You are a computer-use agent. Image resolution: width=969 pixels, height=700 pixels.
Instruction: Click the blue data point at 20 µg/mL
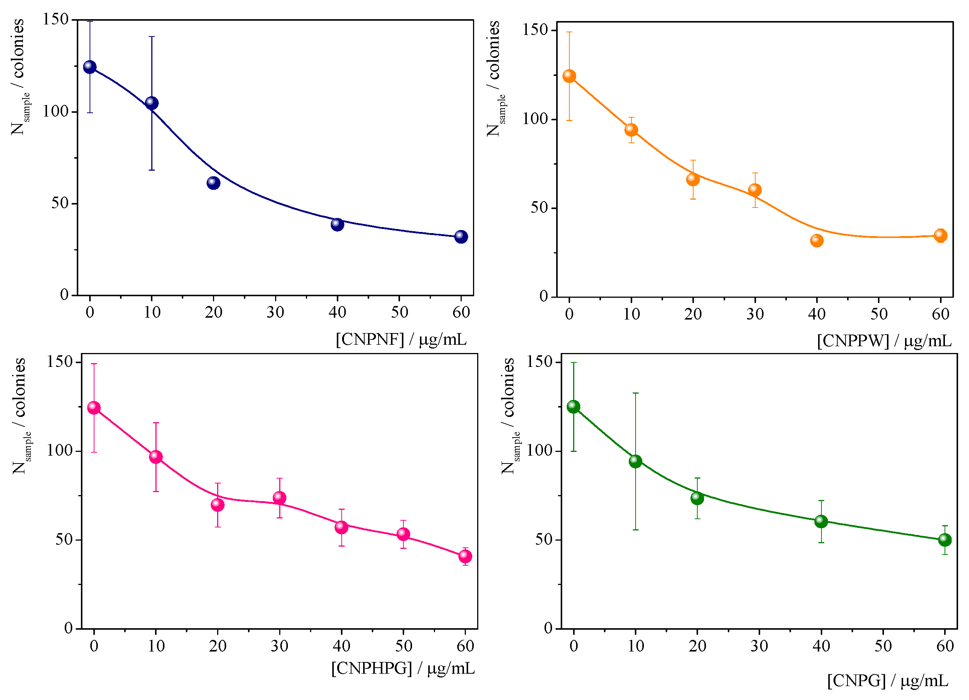coord(213,183)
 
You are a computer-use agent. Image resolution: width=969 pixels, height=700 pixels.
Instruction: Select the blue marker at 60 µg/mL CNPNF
coord(461,236)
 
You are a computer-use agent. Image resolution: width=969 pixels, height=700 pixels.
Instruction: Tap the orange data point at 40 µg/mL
coord(817,241)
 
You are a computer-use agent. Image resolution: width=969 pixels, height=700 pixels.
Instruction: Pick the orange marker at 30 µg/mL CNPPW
coord(755,190)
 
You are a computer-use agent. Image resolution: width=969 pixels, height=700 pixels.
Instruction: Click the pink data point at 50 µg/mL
coord(403,534)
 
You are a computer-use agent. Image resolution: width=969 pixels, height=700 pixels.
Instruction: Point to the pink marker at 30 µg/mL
coord(280,498)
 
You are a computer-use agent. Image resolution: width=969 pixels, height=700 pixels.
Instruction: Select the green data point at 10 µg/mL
coord(635,461)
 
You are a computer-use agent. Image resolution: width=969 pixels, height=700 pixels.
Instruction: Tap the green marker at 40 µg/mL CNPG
coord(821,521)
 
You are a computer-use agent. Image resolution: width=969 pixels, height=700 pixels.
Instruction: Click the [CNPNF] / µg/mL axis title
coord(401,340)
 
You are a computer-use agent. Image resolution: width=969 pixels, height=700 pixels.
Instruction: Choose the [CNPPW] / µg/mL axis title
coord(884,341)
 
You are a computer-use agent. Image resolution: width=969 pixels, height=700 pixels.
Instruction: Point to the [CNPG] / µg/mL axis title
coord(887,681)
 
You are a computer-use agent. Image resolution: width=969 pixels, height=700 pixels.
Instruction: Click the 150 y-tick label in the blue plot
coord(56,19)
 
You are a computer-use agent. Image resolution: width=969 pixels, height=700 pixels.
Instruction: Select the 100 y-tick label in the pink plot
coord(59,451)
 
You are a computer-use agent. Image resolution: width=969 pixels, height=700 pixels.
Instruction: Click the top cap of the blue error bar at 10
coord(152,37)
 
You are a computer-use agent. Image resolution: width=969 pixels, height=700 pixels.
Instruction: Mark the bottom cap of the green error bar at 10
coord(635,530)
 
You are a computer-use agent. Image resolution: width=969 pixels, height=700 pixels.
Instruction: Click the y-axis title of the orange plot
coord(496,79)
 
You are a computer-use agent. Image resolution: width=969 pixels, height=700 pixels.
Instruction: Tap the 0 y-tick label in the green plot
coord(548,628)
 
